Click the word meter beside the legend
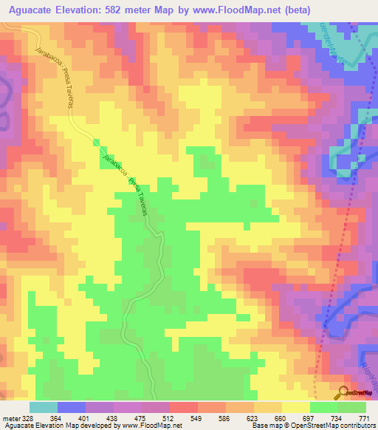[10, 418]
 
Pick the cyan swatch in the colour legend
[44, 407]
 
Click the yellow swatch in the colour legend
[296, 407]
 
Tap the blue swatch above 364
[72, 407]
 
